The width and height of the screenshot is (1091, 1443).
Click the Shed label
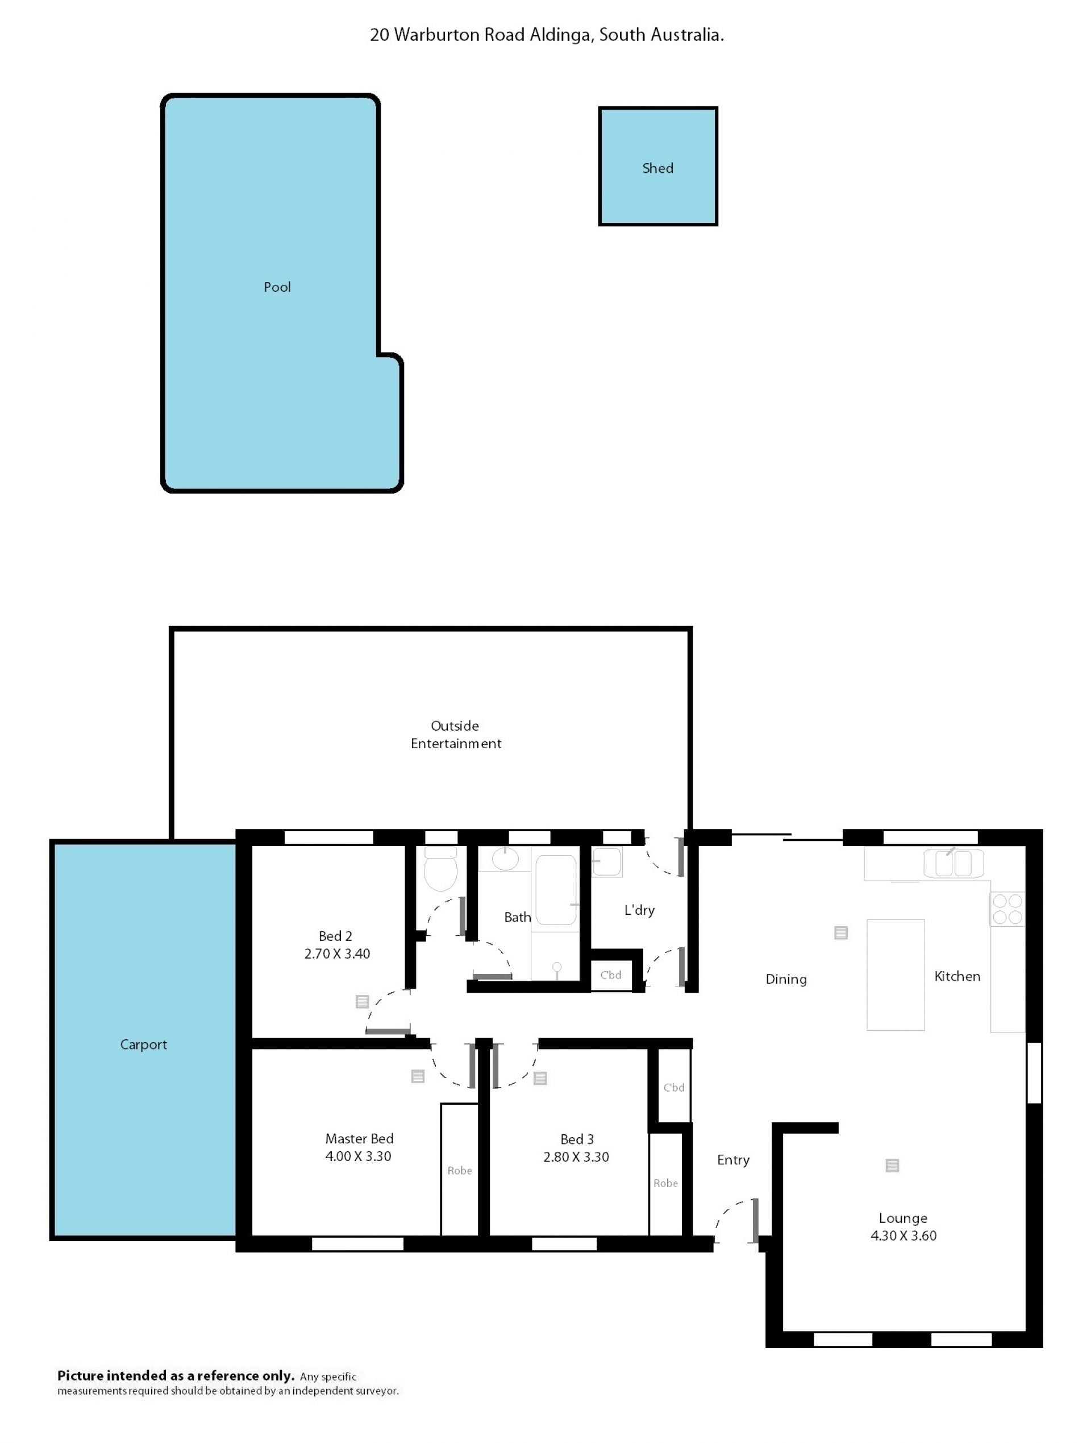point(657,168)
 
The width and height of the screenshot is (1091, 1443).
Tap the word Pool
point(277,287)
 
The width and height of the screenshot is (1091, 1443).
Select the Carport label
point(143,1044)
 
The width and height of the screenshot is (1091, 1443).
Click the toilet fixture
point(441,869)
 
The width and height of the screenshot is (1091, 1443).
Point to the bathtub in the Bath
point(556,890)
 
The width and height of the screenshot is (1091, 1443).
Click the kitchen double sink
point(953,863)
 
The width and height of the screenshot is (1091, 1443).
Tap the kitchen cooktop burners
point(1007,909)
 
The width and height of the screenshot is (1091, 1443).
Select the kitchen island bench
point(896,975)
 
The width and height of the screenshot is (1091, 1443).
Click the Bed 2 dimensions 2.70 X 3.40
point(337,953)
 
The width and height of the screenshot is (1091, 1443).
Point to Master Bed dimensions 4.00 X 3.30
point(358,1156)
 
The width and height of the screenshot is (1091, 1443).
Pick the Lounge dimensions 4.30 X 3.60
point(903,1235)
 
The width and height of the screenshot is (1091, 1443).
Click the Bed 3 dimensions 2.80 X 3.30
point(576,1157)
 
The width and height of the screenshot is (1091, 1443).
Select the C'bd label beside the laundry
point(610,975)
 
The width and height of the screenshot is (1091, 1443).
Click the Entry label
point(733,1160)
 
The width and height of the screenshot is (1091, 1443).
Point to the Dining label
point(786,979)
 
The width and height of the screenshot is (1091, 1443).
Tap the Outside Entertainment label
point(456,735)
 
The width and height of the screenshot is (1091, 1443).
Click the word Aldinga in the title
point(561,35)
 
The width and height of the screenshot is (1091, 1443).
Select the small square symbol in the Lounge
point(892,1165)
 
